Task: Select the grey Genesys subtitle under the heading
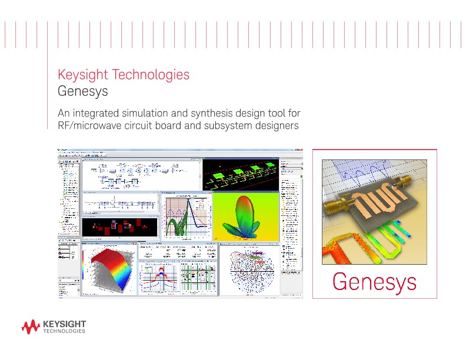pyautogui.click(x=82, y=92)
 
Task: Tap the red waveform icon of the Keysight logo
pyautogui.click(x=31, y=326)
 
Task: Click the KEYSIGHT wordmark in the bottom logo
pyautogui.click(x=65, y=324)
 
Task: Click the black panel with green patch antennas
pyautogui.click(x=241, y=173)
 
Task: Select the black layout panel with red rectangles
pyautogui.click(x=120, y=226)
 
